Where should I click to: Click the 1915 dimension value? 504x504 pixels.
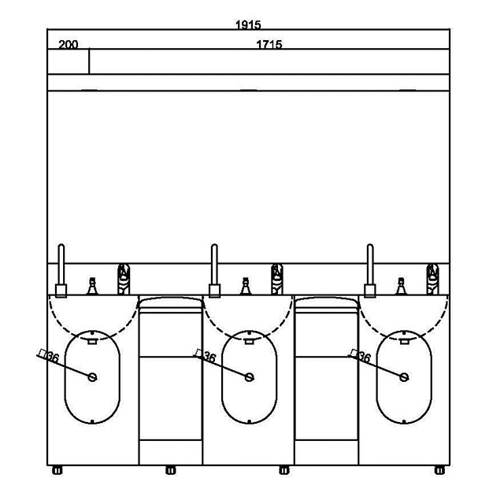coord(248,24)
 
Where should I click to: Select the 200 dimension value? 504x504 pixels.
coord(69,44)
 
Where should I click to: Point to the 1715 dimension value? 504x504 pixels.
coord(269,44)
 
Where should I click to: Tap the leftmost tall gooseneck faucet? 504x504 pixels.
coord(61,271)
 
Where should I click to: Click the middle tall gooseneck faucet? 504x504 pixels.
coord(214,271)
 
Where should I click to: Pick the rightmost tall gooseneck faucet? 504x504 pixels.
coord(370,271)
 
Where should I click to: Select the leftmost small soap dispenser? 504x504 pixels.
coord(92,286)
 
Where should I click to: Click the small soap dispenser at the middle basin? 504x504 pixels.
coord(246,286)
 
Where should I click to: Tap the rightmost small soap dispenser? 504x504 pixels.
coord(401,286)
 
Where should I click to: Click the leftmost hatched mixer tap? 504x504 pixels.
coord(124,279)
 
